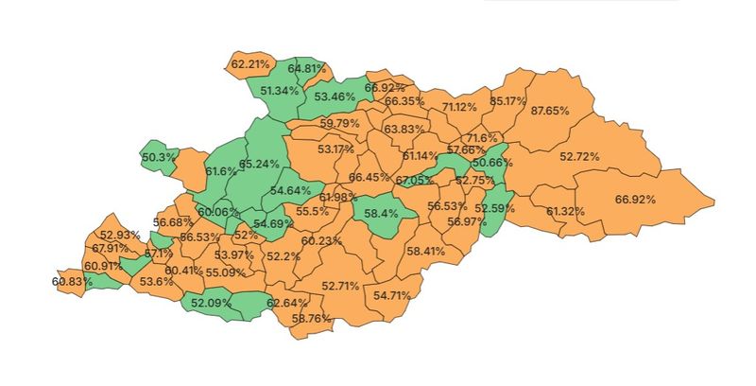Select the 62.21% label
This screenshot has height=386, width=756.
click(249, 64)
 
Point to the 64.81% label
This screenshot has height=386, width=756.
click(307, 69)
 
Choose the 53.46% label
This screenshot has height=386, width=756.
click(335, 96)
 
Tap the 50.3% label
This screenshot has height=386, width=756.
click(158, 157)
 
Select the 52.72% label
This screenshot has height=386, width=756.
click(579, 156)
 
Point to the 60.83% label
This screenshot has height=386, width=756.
click(71, 281)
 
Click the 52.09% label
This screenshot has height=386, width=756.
click(211, 303)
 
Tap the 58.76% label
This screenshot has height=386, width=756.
click(312, 319)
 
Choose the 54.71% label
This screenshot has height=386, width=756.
click(393, 296)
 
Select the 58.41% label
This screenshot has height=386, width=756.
click(425, 252)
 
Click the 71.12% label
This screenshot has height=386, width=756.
click(459, 107)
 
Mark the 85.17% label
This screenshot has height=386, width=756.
click(508, 101)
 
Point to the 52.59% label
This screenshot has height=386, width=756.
click(494, 208)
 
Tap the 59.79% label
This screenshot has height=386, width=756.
click(339, 124)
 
